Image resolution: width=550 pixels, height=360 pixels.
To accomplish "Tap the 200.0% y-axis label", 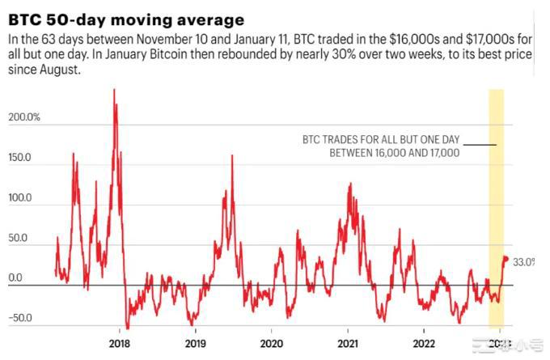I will [25, 119].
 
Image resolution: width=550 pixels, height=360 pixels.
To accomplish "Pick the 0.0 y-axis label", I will [15, 277].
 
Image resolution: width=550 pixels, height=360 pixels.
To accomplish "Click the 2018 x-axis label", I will [120, 342].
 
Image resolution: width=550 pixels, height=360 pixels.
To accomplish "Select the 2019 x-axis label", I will [195, 342].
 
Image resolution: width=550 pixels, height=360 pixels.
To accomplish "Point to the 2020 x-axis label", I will [271, 342].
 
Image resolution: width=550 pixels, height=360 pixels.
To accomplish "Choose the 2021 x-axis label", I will [348, 342].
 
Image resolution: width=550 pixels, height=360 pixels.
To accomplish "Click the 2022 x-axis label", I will [424, 342].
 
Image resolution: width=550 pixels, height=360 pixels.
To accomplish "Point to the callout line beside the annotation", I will [480, 145].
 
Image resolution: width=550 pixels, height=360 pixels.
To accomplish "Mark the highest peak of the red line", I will [114, 90].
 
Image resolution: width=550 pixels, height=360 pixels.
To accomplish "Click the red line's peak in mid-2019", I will [232, 155].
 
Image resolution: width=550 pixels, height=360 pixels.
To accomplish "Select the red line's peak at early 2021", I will [349, 184].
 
